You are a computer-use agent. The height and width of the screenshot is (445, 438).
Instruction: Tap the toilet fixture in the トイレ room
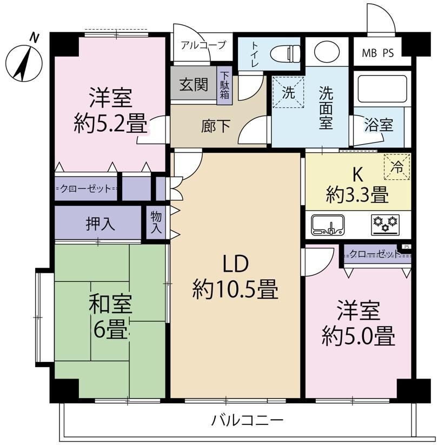pos(285,53)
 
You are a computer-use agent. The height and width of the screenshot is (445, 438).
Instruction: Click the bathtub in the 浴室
pos(382,89)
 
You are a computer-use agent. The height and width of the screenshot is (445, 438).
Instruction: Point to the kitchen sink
pos(328,225)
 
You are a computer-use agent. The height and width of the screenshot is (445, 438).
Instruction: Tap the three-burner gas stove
pos(385,225)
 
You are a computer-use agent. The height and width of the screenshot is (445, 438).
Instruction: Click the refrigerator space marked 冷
pos(397,167)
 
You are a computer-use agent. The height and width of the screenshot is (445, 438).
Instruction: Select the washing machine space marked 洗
pos(288,92)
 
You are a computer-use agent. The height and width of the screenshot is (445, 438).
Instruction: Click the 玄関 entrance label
pos(194,85)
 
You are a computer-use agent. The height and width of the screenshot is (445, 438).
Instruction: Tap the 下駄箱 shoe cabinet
pos(224,85)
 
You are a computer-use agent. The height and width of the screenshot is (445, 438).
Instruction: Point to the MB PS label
pos(378,53)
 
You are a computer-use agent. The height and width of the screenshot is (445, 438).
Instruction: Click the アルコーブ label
pos(203,45)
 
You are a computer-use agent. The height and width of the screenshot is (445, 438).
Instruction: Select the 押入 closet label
pos(101,224)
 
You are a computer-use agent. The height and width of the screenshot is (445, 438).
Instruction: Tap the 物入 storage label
pos(156,223)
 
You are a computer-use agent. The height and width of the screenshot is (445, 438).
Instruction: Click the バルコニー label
pos(247,420)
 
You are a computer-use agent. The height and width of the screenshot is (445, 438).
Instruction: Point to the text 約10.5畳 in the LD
pos(235,289)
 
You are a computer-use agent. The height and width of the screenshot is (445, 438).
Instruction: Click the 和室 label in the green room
pos(110,304)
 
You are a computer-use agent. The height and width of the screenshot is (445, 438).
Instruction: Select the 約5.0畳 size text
pos(359,336)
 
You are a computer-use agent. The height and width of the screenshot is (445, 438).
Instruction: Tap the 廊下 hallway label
pos(215,126)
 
